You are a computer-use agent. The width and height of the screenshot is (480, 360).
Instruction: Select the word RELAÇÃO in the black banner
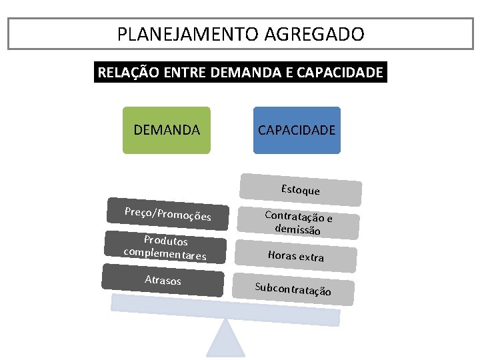[x=127, y=73]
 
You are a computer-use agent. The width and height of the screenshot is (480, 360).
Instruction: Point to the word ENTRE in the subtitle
[x=182, y=73]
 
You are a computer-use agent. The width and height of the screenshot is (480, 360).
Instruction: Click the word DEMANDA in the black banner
[x=242, y=73]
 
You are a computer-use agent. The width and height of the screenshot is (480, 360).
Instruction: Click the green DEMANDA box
[x=167, y=130]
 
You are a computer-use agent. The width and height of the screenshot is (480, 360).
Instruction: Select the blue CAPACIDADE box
[x=297, y=130]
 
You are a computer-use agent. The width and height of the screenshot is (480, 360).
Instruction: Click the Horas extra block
[x=295, y=255]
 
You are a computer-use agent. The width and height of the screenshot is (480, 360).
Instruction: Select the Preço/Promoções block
[x=168, y=214]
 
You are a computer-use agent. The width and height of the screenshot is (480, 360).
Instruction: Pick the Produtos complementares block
[x=165, y=247]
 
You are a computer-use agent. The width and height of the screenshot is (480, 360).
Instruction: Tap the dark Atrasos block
[x=163, y=280]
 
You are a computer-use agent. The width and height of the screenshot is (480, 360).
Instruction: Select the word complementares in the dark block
[x=165, y=254]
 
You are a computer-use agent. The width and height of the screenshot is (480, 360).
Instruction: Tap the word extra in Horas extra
[x=311, y=257]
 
